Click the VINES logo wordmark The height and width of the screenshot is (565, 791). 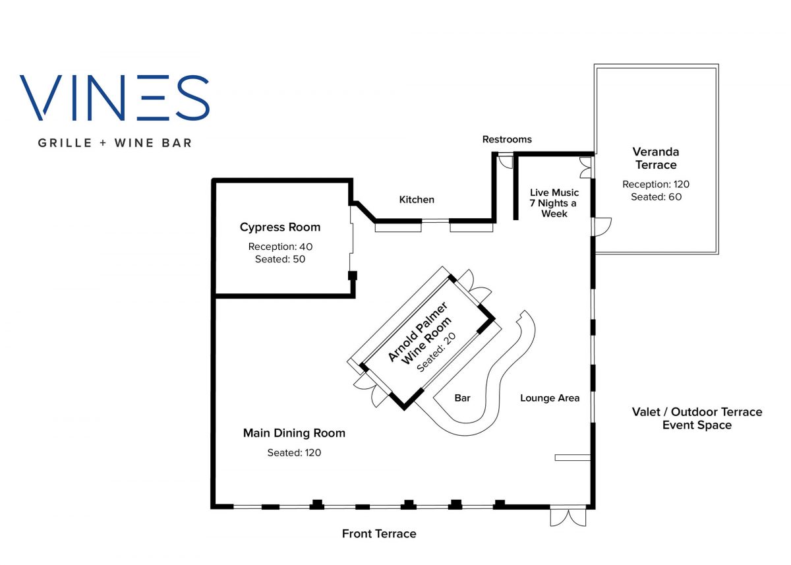[x=115, y=98]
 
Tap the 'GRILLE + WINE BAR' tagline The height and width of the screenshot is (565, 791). [x=115, y=142]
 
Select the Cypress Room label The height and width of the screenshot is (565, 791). [x=280, y=227]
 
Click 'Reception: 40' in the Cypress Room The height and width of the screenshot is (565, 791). [x=280, y=247]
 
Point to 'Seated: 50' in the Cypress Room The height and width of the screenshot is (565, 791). [x=280, y=259]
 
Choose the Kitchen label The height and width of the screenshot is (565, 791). [x=417, y=200]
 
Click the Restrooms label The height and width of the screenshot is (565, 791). [x=507, y=139]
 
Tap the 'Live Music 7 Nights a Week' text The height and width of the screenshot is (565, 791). [x=554, y=203]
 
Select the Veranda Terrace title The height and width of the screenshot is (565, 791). [x=656, y=158]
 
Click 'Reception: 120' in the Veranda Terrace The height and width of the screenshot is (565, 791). [x=656, y=185]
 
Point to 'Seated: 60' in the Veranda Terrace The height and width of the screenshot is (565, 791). [x=656, y=197]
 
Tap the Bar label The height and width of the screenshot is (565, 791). [x=462, y=398]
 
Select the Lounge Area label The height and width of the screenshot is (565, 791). [x=550, y=398]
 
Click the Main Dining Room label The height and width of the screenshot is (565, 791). [x=294, y=433]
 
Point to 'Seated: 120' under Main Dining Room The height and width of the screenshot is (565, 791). [x=294, y=453]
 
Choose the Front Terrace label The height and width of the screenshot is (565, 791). [x=379, y=534]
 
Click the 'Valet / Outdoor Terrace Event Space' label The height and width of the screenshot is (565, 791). [x=697, y=419]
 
